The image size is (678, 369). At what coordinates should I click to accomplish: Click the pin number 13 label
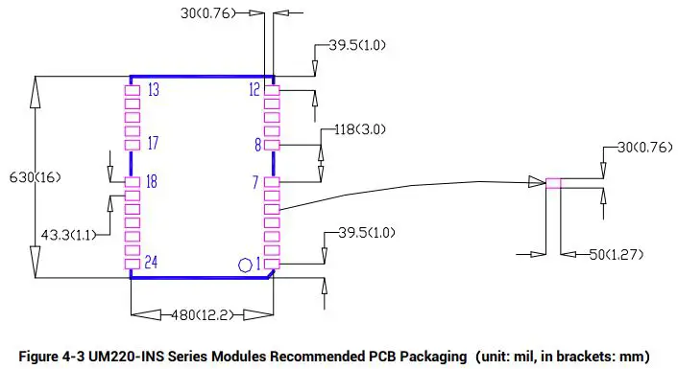coord(154,90)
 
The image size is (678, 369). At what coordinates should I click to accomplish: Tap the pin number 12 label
coord(254,90)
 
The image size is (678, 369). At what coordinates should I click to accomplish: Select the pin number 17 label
coord(154,145)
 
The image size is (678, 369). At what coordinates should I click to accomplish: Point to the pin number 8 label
coord(257,145)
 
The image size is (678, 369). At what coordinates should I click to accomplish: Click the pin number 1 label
coord(257,263)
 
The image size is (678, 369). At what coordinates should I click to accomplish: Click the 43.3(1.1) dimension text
coord(68,234)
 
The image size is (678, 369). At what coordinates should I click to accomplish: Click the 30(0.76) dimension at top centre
coord(210,13)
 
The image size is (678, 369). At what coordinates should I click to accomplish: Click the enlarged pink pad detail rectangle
coord(554,183)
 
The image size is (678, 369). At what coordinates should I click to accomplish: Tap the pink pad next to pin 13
coord(133,90)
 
